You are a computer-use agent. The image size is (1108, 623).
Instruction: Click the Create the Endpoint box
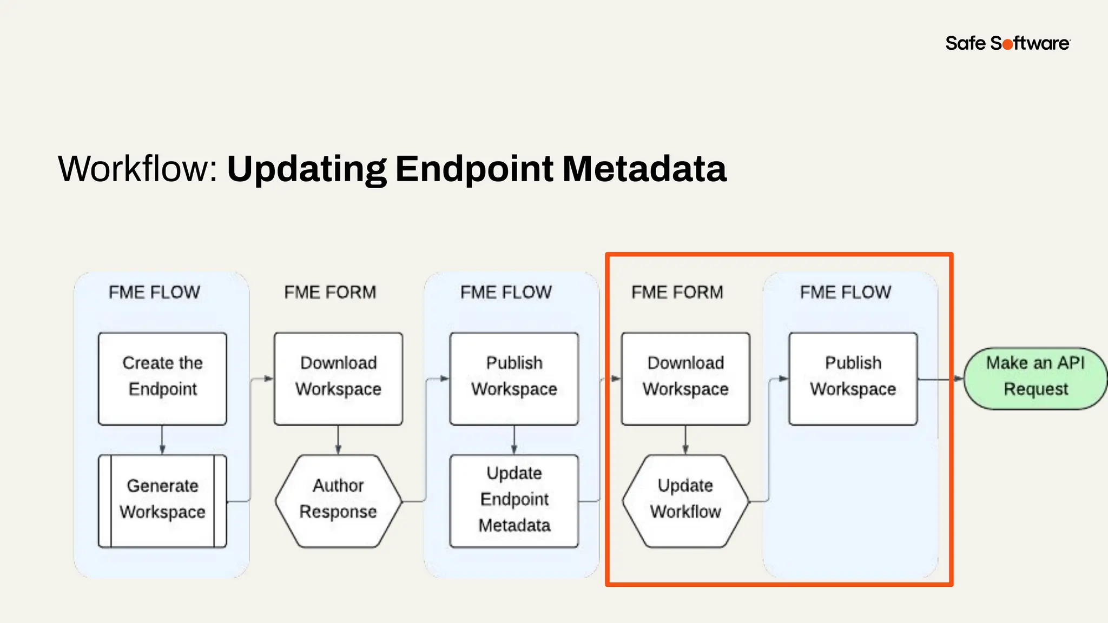[162, 379]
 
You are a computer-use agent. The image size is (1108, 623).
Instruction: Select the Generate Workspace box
[162, 501]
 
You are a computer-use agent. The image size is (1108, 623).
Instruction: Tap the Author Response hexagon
[338, 501]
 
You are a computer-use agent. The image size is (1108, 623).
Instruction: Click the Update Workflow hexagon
[685, 501]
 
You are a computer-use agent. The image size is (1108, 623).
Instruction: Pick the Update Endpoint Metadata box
[514, 501]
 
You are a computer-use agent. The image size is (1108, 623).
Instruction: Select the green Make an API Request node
[1035, 378]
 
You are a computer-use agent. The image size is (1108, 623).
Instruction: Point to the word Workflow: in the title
[138, 169]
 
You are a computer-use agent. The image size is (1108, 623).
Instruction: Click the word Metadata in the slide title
[644, 169]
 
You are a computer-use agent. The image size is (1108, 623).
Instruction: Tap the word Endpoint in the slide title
[474, 169]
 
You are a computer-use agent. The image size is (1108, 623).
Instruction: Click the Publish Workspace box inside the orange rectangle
[853, 379]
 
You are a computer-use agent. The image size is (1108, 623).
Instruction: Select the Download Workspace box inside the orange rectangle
[685, 379]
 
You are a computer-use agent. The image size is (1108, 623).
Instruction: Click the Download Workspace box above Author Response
[338, 379]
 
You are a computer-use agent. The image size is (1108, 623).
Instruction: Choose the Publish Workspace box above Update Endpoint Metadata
[514, 379]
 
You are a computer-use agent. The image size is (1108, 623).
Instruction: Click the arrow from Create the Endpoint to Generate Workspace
[162, 440]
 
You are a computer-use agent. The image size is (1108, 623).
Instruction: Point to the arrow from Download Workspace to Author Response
[338, 440]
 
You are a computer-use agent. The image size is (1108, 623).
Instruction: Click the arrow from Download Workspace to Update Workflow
[685, 440]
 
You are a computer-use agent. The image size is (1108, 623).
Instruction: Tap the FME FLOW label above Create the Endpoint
[154, 293]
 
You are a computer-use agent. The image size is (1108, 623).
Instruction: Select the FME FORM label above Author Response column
[330, 293]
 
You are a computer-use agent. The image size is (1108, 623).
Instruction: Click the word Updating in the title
[306, 169]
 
